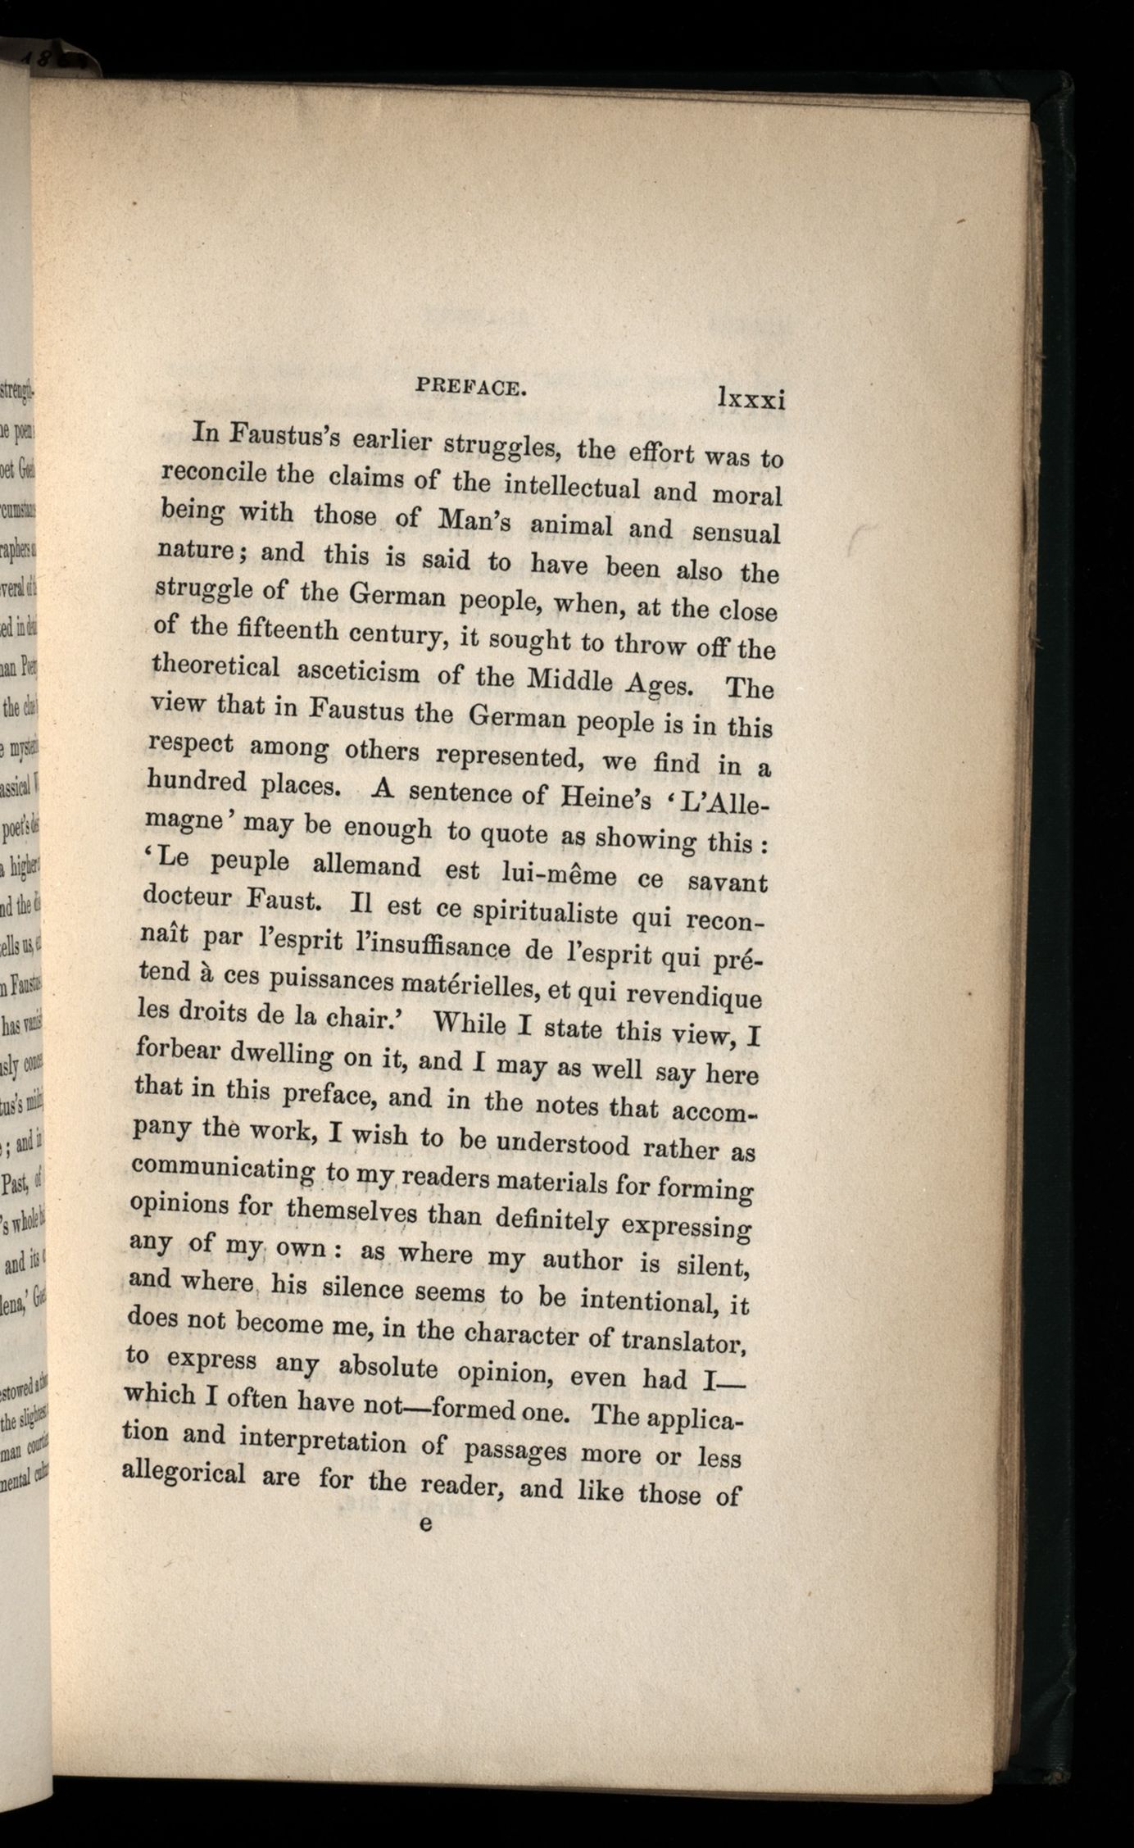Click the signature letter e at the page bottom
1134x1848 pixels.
[x=425, y=1523]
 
